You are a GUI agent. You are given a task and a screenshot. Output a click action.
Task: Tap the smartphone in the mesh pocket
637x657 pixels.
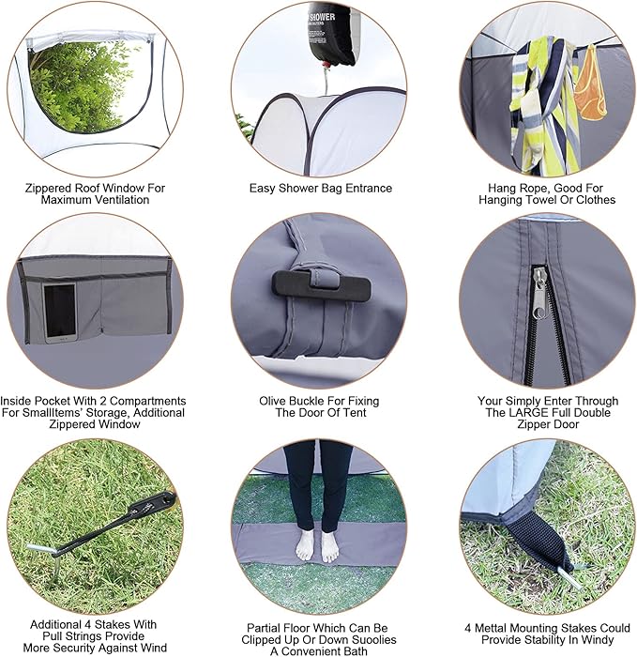pyautogui.click(x=60, y=312)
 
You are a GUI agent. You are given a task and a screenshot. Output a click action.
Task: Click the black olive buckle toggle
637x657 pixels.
pyautogui.click(x=304, y=283)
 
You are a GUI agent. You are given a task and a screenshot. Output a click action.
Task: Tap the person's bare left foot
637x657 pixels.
pyautogui.click(x=330, y=544)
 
